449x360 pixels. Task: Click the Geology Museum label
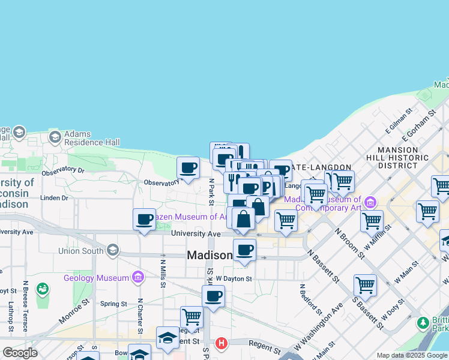pos(96,278)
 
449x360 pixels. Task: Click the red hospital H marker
pos(221,344)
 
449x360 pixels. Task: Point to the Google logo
pos(20,353)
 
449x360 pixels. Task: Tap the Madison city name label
pos(209,255)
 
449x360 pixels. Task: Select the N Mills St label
pos(163,271)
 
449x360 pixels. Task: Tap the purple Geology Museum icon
pos(139,277)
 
